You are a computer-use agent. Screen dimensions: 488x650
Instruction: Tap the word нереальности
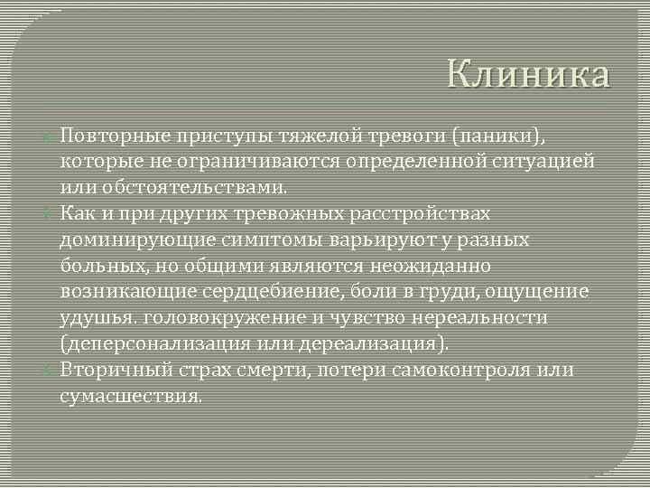click(x=478, y=318)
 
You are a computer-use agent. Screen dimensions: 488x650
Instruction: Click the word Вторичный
click(x=114, y=371)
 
